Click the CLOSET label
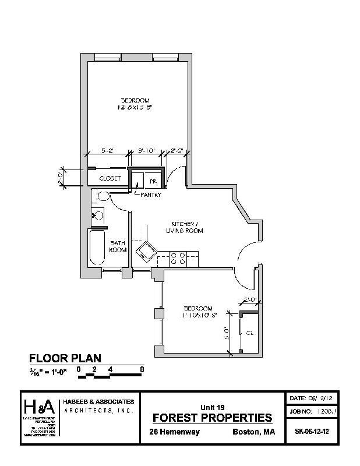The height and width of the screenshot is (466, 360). point(110,178)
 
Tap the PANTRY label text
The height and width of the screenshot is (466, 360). point(150,195)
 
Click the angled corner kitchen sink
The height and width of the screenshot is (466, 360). point(145,252)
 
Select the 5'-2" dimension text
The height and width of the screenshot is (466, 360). point(107,150)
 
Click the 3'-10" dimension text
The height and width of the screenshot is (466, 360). point(146,150)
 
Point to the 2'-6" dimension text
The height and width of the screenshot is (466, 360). point(177,150)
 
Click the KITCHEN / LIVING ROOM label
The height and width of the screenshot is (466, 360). point(186,227)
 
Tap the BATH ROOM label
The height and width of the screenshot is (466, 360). point(118,246)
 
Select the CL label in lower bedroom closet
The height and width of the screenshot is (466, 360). point(249,333)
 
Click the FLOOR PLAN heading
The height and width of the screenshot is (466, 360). point(65,358)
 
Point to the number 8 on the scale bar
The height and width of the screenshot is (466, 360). point(142,369)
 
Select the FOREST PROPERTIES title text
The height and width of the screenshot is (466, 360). point(212,418)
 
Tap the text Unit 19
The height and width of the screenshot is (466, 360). point(212,407)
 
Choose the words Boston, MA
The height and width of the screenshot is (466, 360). point(254,432)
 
